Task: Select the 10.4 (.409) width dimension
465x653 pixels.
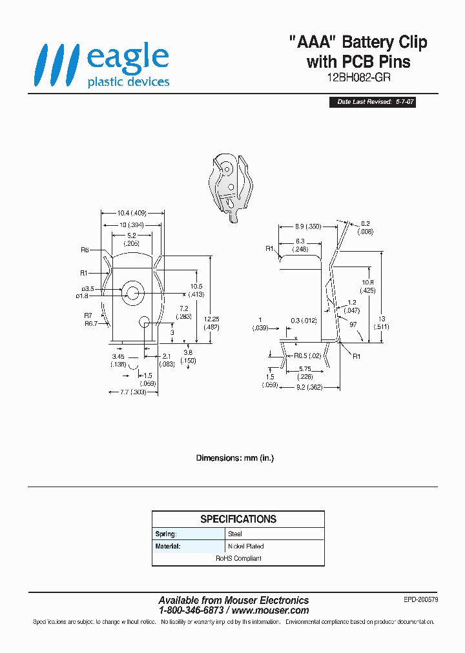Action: [132, 213]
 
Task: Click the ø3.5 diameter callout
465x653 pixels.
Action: [88, 289]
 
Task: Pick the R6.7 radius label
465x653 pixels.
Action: [90, 323]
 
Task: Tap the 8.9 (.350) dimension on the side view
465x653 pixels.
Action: [307, 226]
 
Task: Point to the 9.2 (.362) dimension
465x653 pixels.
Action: [309, 388]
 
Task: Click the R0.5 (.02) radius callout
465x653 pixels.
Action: [307, 356]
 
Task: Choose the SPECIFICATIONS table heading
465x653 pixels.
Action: [238, 519]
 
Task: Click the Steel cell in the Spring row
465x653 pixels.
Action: [234, 534]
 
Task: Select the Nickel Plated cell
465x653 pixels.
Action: [246, 547]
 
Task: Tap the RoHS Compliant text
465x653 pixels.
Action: [238, 559]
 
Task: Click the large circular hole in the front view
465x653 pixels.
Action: [134, 292]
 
